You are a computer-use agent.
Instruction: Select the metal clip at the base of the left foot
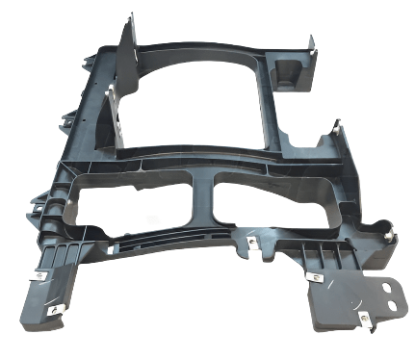[x=39, y=275]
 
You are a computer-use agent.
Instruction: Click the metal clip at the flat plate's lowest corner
[x=363, y=314]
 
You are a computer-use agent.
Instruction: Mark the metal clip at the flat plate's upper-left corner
[x=315, y=276]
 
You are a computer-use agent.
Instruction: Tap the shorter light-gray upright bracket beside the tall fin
[x=113, y=111]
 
